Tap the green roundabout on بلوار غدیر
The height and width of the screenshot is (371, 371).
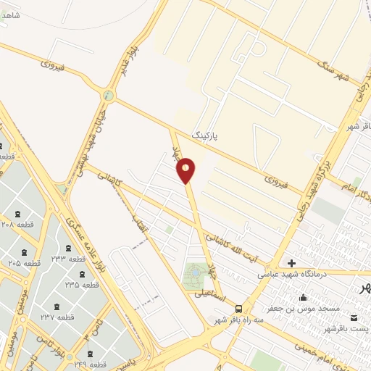[109, 95]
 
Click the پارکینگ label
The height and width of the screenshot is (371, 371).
[204, 136]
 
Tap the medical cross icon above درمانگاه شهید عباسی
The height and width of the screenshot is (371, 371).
[291, 264]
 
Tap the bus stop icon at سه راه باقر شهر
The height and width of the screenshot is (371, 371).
[239, 309]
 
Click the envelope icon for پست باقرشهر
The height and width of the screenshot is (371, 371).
[353, 319]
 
